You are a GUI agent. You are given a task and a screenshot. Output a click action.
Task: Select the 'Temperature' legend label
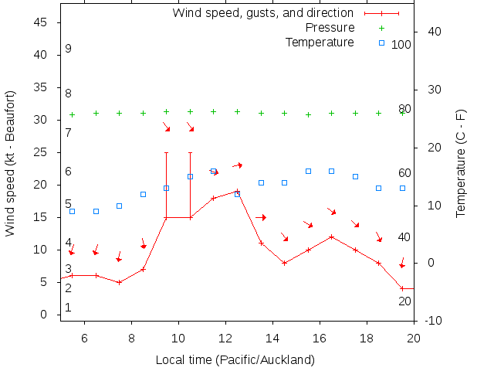(x=320, y=42)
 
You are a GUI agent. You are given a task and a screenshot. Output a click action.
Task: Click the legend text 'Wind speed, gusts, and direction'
(x=262, y=13)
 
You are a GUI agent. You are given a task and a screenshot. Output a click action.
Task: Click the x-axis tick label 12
(x=225, y=337)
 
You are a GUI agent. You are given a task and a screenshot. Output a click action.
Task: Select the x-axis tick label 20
(x=414, y=337)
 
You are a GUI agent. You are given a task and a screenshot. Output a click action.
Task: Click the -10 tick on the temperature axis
(x=433, y=321)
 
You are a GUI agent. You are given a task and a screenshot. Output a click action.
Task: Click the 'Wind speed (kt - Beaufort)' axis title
(x=11, y=162)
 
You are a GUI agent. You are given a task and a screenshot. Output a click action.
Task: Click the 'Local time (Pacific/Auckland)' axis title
(x=235, y=359)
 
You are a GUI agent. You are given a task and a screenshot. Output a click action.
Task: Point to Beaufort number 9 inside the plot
(x=68, y=49)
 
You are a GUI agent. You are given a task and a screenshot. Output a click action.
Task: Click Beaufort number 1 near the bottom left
(x=68, y=308)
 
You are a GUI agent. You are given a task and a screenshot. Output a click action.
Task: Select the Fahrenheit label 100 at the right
(x=401, y=45)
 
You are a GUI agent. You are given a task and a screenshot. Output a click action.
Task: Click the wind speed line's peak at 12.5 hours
(x=237, y=191)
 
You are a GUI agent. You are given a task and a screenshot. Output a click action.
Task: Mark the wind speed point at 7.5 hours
(x=119, y=282)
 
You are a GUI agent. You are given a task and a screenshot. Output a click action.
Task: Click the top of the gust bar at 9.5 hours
(x=166, y=152)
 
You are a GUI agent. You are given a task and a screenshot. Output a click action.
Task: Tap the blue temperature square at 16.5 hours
(x=331, y=171)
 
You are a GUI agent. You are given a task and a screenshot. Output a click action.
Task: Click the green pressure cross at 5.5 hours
(x=72, y=114)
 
